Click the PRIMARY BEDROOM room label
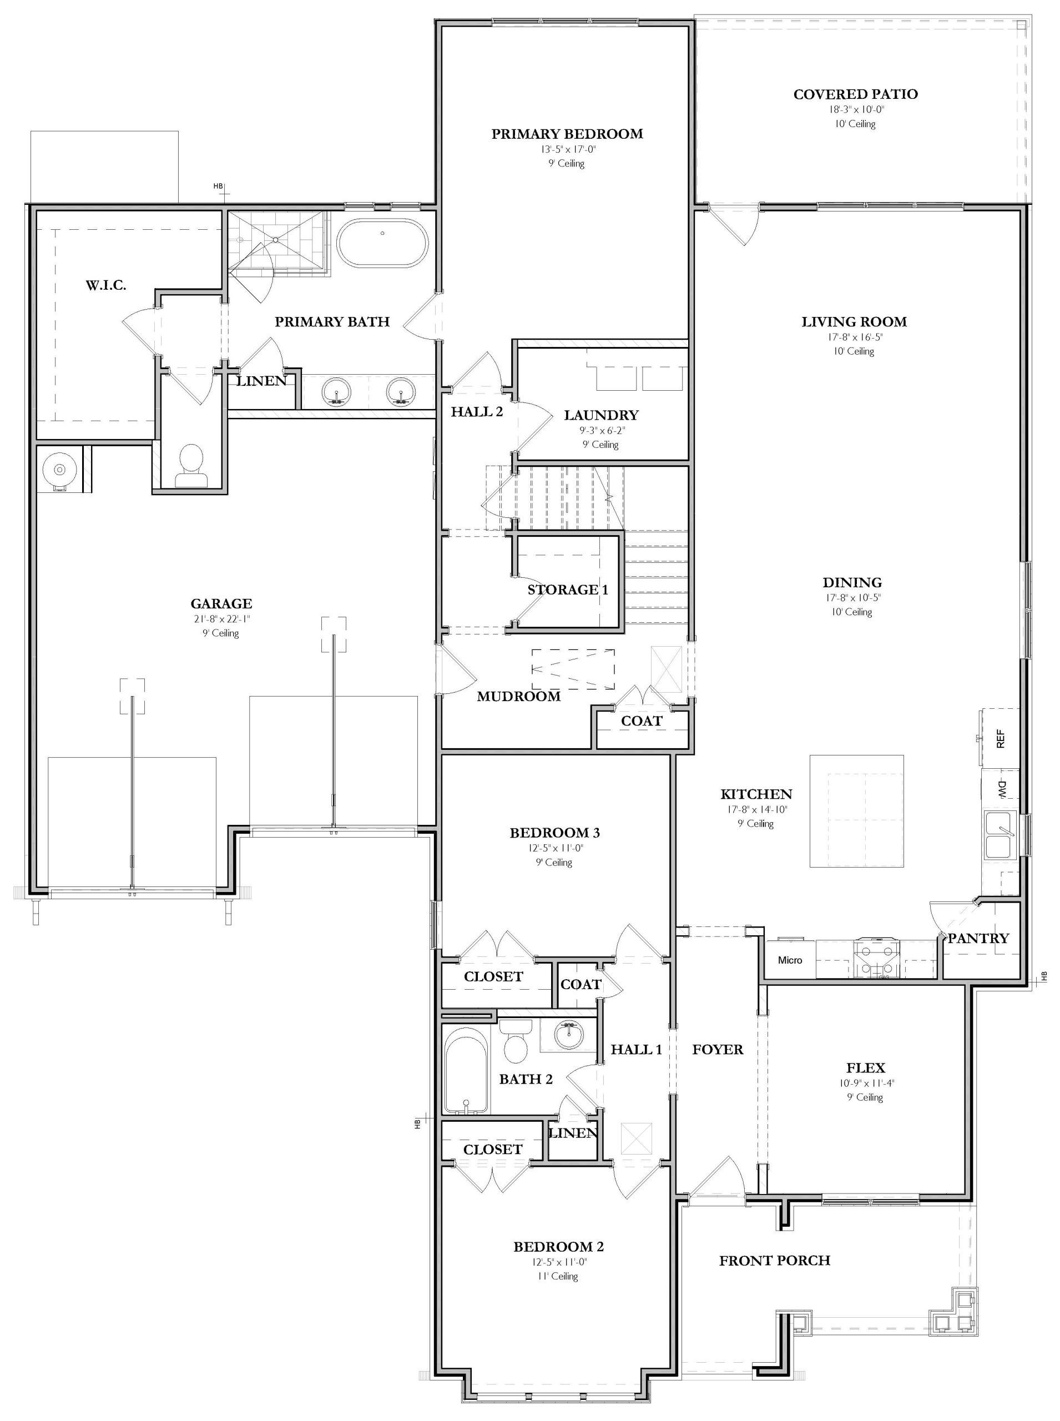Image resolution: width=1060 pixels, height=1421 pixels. click(x=567, y=134)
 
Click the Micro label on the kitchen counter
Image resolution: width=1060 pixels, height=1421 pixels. click(x=790, y=960)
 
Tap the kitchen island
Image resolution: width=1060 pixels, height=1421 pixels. click(x=856, y=810)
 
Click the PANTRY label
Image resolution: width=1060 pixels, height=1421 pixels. click(x=978, y=938)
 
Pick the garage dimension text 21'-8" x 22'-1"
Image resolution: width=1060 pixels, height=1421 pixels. click(x=221, y=619)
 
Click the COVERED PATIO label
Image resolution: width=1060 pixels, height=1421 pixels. click(x=855, y=94)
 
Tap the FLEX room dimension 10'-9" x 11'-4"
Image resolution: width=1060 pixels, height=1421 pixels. click(x=866, y=1084)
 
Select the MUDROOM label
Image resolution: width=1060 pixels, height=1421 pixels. click(x=518, y=697)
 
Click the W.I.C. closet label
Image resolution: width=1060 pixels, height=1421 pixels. click(x=106, y=286)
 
